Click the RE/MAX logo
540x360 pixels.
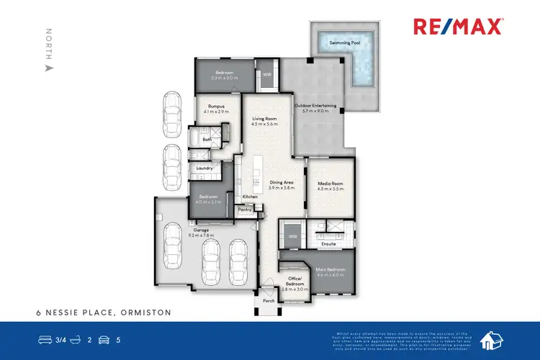pos(458,27)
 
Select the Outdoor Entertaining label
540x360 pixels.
pos(311,109)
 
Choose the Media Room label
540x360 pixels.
pos(331,184)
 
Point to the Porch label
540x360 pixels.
pos(269,301)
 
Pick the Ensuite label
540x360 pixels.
pos(329,243)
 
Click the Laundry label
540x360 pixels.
pos(204,168)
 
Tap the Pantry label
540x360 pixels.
pos(245,210)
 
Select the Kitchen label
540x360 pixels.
pos(249,197)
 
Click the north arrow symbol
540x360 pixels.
pos(49,67)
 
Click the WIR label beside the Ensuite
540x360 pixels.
pos(293,235)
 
